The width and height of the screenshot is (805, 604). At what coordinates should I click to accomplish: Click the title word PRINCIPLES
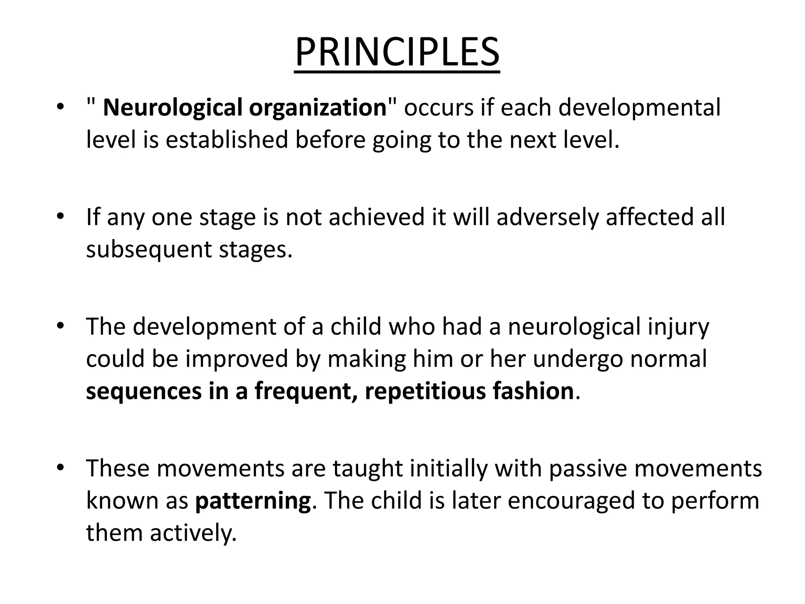tap(397, 53)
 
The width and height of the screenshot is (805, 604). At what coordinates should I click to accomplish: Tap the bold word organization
tap(318, 108)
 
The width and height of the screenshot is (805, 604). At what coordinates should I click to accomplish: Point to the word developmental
tap(640, 108)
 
